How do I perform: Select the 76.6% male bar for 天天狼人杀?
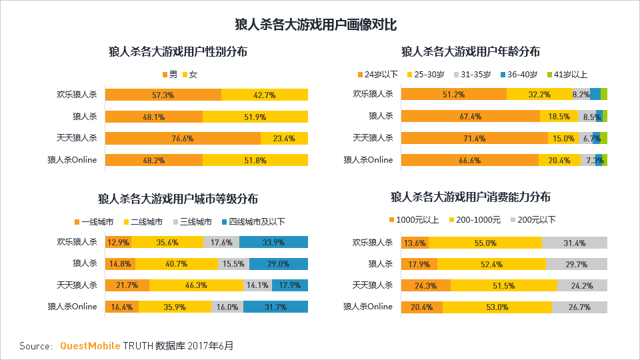pos(183,139)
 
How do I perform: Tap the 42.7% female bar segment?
pos(265,95)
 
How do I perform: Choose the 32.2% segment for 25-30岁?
pos(539,95)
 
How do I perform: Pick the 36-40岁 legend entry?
pos(520,75)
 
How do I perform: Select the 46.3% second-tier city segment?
pos(196,285)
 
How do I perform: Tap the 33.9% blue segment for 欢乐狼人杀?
pos(273,243)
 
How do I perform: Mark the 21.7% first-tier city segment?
pos(127,285)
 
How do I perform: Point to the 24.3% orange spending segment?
pos(426,285)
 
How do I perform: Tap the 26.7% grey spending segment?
pos(579,307)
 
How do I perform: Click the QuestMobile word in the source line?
pos(91,346)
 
